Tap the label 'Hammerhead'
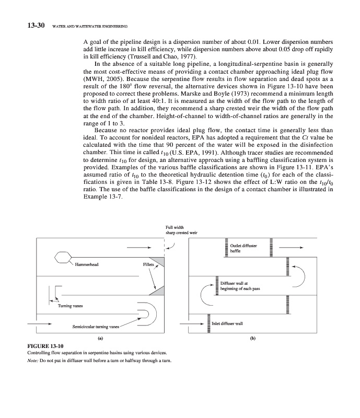pyautogui.click(x=87, y=265)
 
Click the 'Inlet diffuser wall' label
pyautogui.click(x=227, y=324)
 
